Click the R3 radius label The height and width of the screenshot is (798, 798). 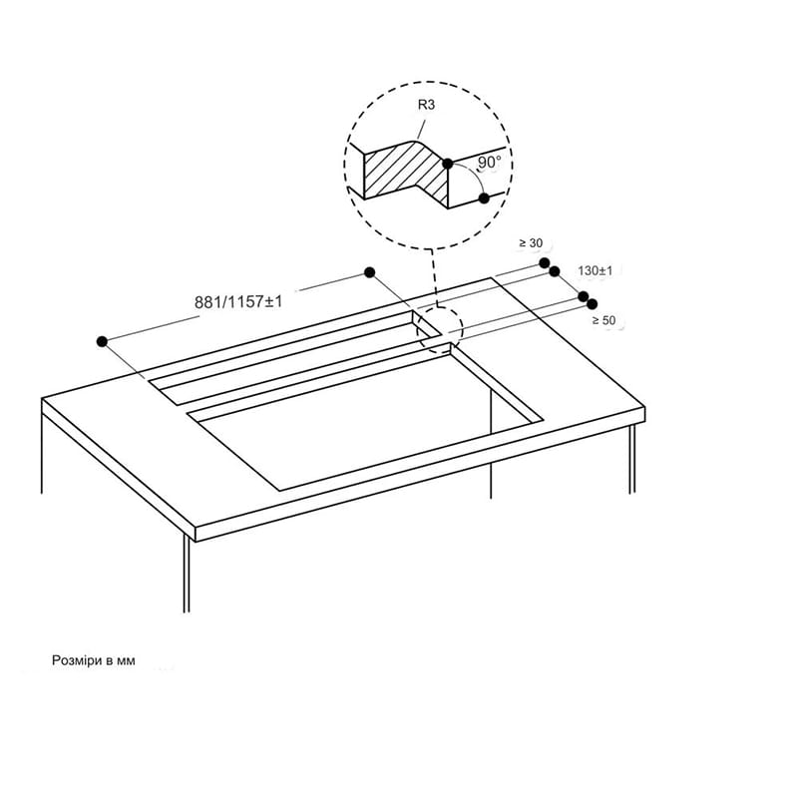coord(426,105)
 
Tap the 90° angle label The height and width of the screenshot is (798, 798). coord(489,162)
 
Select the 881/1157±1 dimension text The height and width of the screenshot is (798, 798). coord(238,302)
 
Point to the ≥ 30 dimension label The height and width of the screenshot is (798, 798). coord(531,243)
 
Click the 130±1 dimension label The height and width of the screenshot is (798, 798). coord(595,270)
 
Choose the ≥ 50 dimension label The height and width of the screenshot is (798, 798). coord(603,320)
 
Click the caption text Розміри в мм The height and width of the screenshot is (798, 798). coord(94,660)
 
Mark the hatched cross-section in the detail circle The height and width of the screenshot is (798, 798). coord(407,173)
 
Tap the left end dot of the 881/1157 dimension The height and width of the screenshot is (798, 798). coord(102,341)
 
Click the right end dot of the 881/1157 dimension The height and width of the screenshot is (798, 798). coord(370,272)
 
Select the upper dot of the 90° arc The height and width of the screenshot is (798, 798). coord(447,164)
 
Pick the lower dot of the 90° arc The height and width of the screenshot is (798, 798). coord(484,199)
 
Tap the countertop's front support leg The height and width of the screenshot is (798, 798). coord(187,575)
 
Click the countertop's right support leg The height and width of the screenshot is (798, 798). coord(632,459)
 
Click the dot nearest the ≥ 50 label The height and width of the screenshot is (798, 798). coord(592,304)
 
